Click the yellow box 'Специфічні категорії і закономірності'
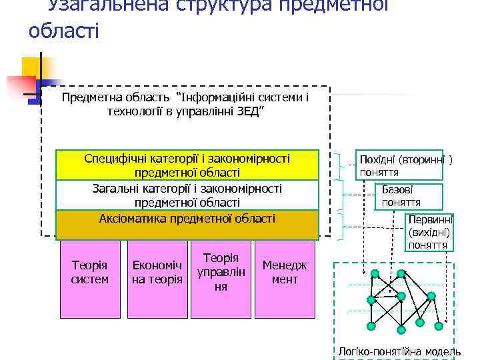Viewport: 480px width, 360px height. click(187, 165)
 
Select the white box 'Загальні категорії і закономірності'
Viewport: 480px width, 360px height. click(187, 195)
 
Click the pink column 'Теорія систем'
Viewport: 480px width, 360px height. click(89, 273)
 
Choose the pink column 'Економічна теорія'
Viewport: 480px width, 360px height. click(157, 273)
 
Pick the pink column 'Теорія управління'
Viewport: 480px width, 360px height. click(221, 273)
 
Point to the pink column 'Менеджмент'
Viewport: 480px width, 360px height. click(285, 273)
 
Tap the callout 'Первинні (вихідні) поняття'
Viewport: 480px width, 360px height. click(429, 231)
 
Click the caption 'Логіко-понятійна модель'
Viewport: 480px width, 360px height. click(399, 351)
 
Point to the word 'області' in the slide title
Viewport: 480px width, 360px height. click(64, 30)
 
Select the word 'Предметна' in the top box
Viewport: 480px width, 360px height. click(87, 97)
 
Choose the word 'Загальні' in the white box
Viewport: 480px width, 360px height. click(116, 189)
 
